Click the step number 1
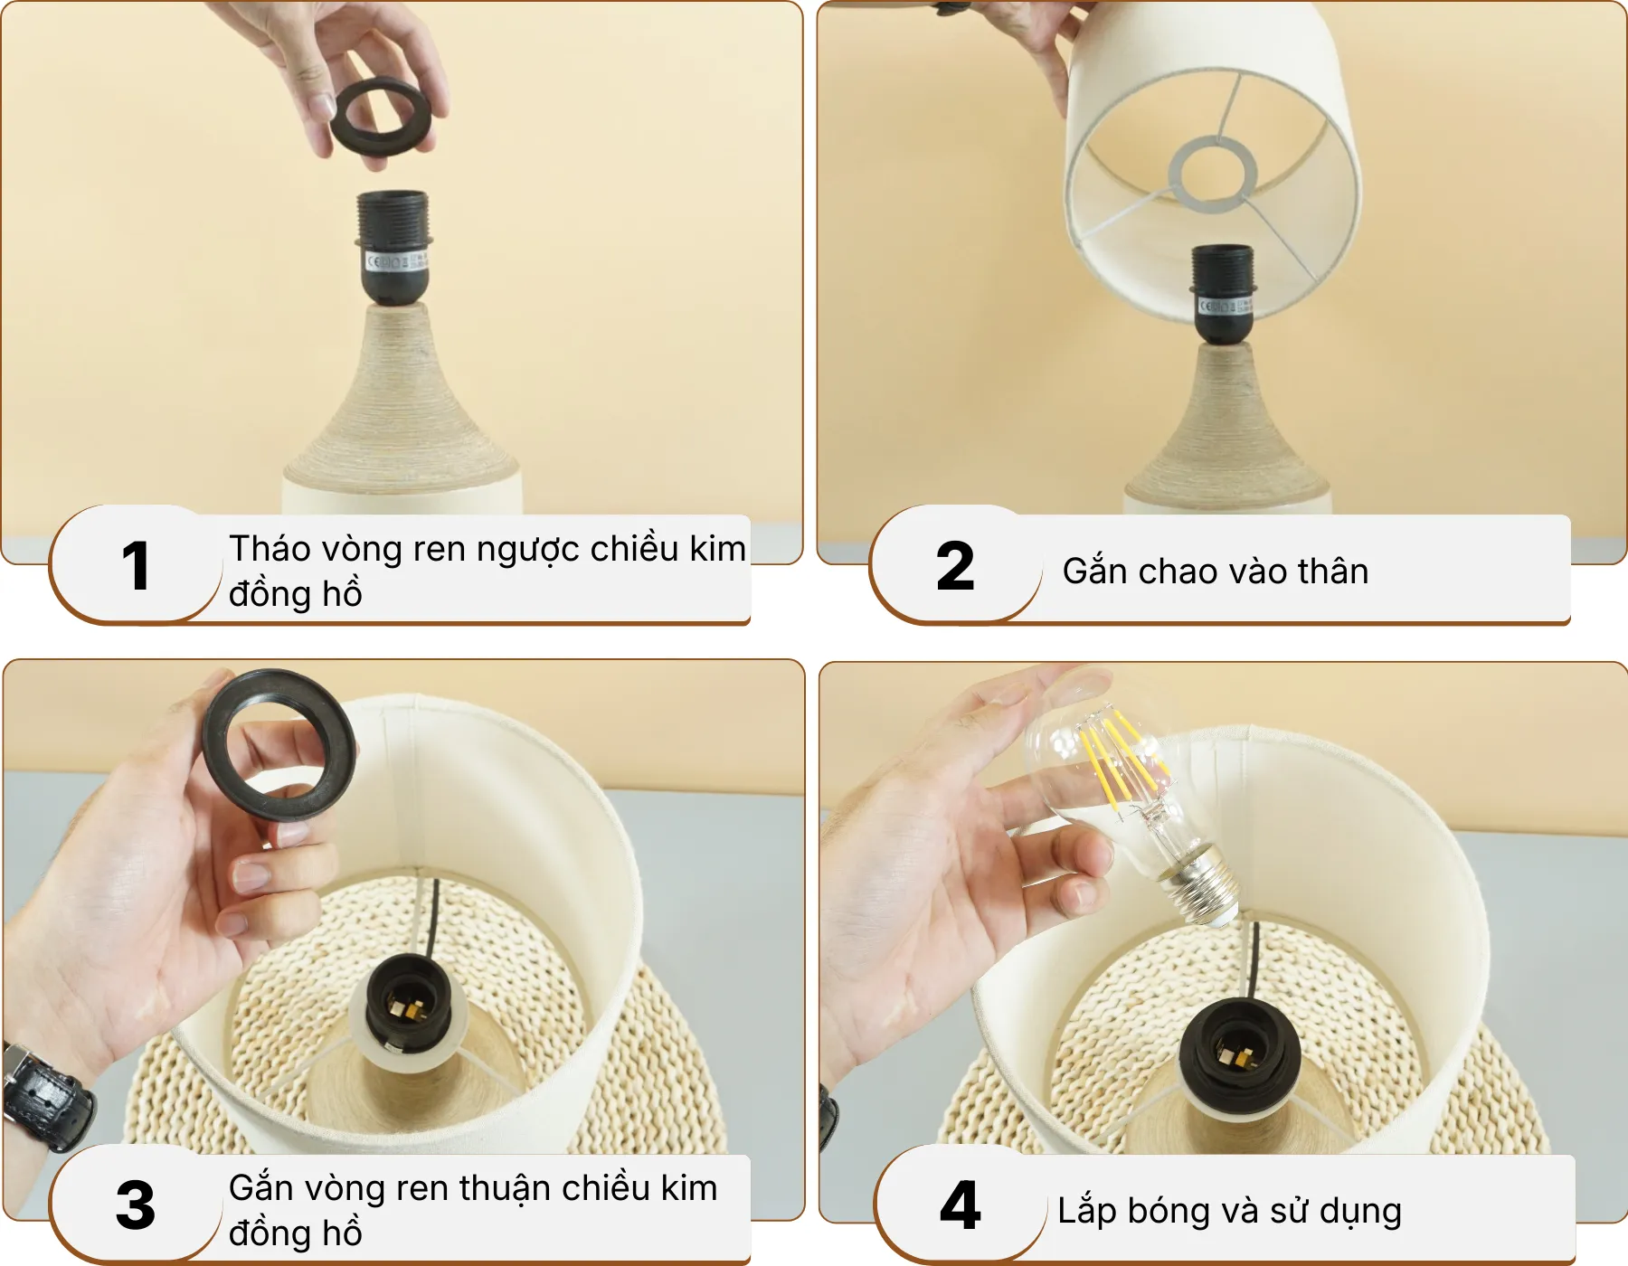(x=136, y=567)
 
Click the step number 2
(x=955, y=567)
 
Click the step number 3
(x=136, y=1205)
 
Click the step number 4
(x=960, y=1205)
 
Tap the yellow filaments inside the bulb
(x=1117, y=755)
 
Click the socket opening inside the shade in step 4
(x=1239, y=1053)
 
